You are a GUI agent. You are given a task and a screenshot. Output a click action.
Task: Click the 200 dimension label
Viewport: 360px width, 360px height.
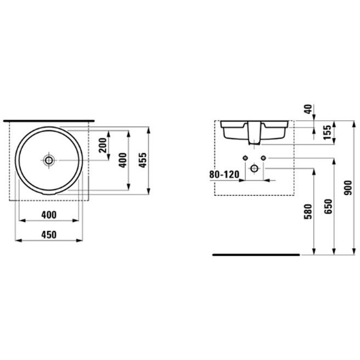103,145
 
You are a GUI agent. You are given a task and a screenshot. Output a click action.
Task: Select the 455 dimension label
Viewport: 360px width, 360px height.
143,160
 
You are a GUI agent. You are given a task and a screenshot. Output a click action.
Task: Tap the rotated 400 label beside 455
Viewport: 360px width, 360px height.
123,160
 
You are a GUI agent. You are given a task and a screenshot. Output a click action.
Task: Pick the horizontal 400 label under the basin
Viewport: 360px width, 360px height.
49,215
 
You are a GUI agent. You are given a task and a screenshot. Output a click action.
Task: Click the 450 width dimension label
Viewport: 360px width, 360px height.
49,235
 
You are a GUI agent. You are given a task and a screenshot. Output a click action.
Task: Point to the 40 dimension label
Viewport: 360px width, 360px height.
308,109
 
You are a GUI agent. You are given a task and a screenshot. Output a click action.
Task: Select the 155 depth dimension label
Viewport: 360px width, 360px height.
327,132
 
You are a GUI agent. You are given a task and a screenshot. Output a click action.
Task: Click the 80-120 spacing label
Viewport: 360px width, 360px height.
224,175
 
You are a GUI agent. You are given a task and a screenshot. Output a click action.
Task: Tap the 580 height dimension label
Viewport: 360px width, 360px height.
308,211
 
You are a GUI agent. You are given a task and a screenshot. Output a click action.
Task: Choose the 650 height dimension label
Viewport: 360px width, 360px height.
328,207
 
